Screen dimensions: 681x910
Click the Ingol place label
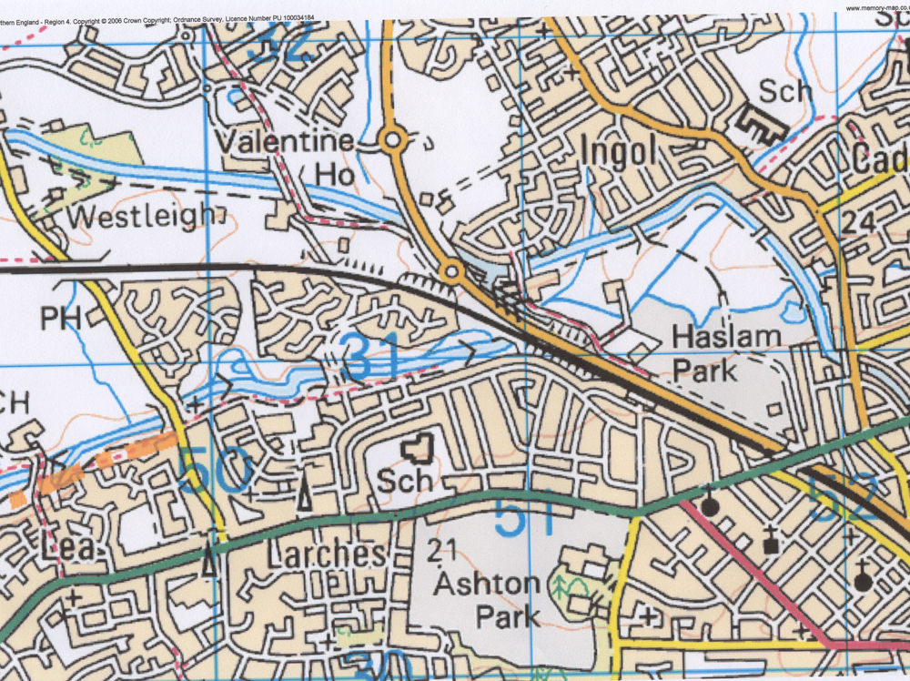pyautogui.click(x=618, y=152)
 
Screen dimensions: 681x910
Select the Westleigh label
pyautogui.click(x=140, y=218)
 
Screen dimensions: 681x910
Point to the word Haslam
pyautogui.click(x=726, y=336)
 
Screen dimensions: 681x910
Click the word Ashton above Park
pyautogui.click(x=486, y=582)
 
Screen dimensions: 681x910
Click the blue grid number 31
pyautogui.click(x=373, y=358)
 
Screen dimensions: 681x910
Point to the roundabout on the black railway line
pyautogui.click(x=450, y=270)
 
